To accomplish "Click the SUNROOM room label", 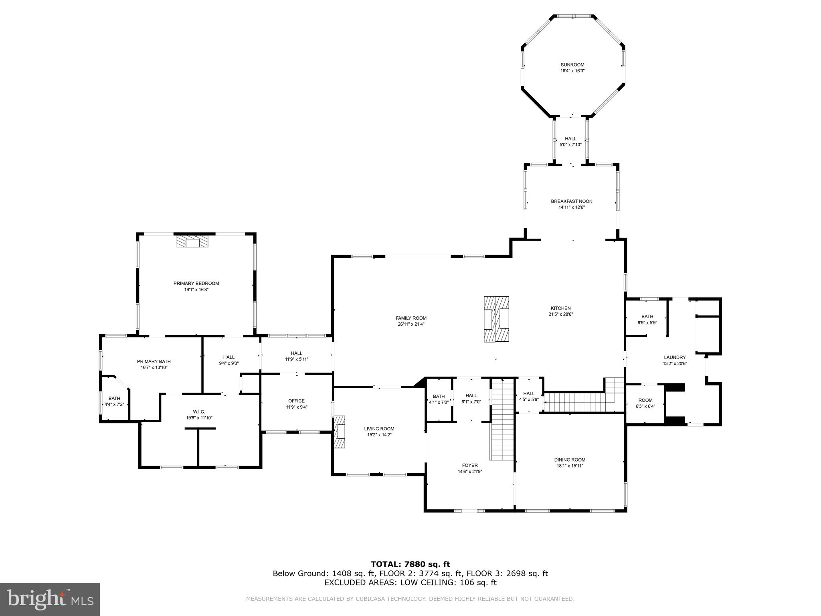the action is (x=572, y=65).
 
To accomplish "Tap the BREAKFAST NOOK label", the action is (x=571, y=201).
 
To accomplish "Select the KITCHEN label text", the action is (x=560, y=308).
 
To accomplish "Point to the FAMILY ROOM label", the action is (x=411, y=318).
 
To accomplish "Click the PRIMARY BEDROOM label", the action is (x=196, y=284).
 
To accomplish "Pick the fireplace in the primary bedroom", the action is (x=193, y=241).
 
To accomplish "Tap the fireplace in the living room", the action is (x=340, y=432).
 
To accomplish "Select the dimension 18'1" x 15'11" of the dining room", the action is (x=570, y=466).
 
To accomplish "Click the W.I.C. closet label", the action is (x=199, y=412).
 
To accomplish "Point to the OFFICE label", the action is (x=296, y=401).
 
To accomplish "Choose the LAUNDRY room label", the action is (x=675, y=357).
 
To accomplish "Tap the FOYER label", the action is (x=470, y=466).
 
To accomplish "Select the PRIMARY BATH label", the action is (x=154, y=361).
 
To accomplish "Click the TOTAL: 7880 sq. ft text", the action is (x=410, y=565).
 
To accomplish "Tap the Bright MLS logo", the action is (x=50, y=600).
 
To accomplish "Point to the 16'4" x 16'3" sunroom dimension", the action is (x=572, y=71).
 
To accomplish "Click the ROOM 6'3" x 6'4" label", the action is (x=645, y=403).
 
